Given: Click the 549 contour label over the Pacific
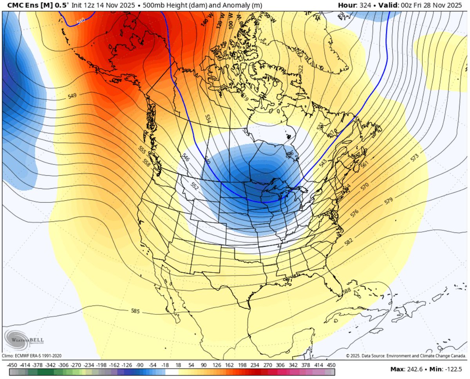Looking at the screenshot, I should (x=72, y=96).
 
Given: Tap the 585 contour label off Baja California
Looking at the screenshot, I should (x=135, y=311).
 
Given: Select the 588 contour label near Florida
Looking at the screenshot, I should (x=346, y=291).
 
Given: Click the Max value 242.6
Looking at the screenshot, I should (x=416, y=369).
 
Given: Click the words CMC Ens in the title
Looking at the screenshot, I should (x=18, y=5).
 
